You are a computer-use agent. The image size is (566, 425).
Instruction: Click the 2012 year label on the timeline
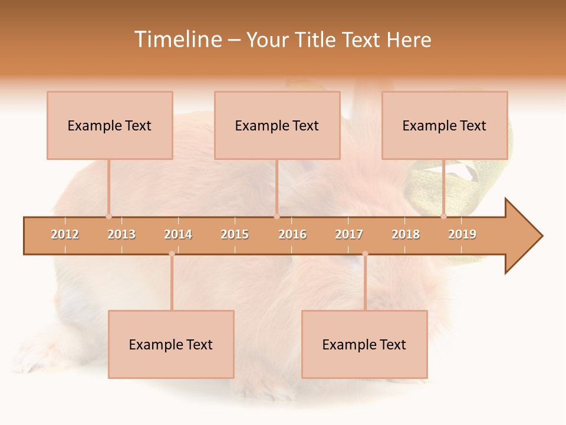[65, 234]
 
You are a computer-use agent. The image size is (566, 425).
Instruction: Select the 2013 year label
[121, 234]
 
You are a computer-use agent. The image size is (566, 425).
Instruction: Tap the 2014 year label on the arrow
[178, 234]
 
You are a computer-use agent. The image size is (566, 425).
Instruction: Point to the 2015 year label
[235, 234]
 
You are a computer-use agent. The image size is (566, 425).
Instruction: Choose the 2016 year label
[292, 234]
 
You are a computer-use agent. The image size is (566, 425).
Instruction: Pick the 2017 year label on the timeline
[349, 234]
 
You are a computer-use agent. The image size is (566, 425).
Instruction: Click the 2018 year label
[406, 234]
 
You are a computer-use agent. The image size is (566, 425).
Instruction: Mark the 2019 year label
[462, 234]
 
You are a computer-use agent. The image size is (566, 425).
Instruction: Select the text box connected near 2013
[110, 125]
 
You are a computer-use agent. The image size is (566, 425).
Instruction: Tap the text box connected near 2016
[277, 125]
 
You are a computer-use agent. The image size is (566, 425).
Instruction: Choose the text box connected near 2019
[445, 125]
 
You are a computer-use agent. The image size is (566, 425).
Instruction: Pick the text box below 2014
[171, 344]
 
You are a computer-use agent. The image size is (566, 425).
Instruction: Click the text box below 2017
[364, 344]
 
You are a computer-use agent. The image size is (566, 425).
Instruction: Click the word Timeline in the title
[177, 40]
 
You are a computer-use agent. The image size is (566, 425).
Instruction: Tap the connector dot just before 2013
[108, 216]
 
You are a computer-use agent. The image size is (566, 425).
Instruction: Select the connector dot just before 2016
[277, 216]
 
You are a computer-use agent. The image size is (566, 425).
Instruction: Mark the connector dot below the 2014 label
[172, 254]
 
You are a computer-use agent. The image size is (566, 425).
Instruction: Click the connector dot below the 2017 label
[365, 254]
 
